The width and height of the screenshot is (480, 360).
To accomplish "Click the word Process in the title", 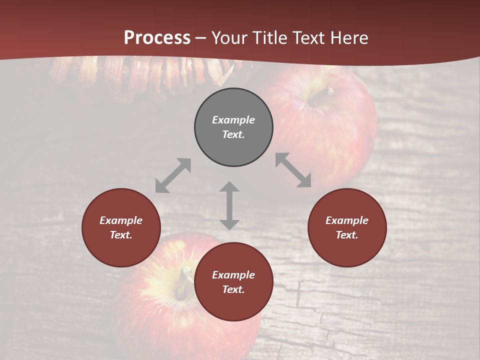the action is (x=157, y=38).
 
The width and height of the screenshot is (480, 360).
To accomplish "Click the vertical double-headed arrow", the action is (x=229, y=205).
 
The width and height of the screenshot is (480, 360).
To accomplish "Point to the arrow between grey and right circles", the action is (x=293, y=170).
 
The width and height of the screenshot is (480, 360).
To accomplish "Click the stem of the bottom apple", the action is (x=185, y=280).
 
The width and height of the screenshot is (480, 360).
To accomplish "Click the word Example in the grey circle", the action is (x=233, y=120).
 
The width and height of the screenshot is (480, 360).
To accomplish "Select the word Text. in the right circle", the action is (x=347, y=235).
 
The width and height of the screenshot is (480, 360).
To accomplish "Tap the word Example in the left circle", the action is (x=121, y=220).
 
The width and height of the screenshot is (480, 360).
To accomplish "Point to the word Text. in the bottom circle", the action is (x=233, y=289).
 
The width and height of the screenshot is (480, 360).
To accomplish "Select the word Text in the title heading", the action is (x=307, y=38).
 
